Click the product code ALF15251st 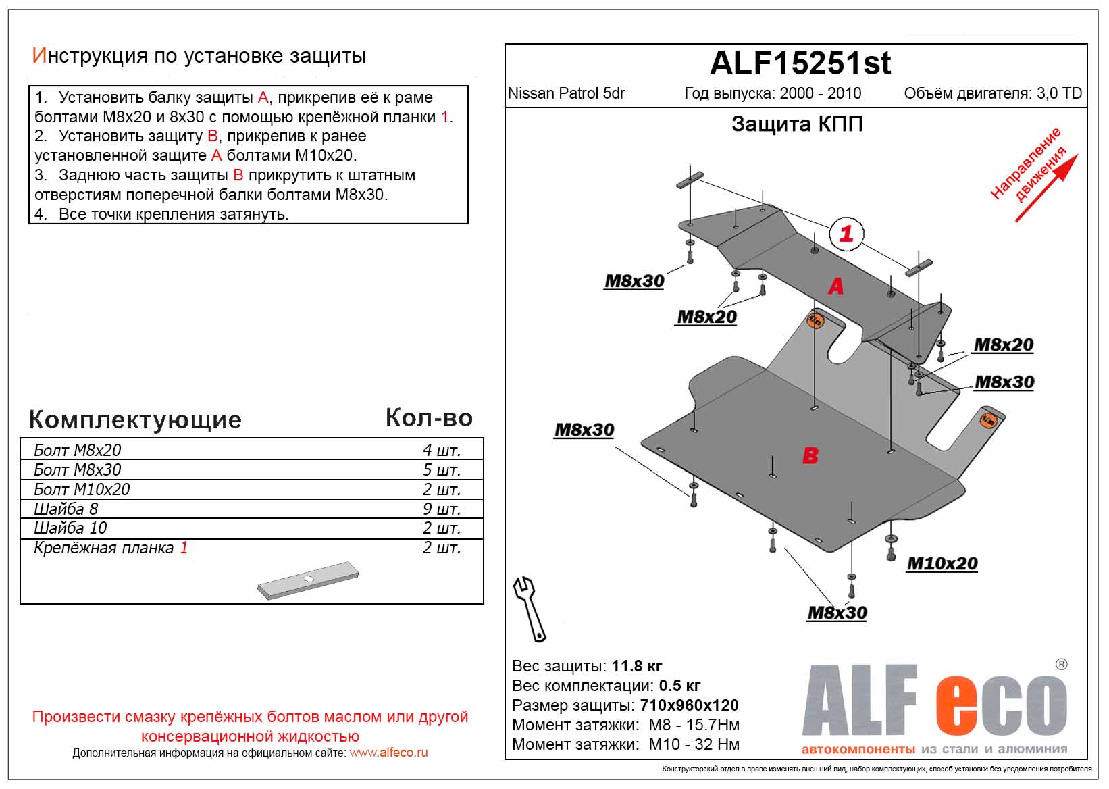tap(800, 63)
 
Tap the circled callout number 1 tap(846, 234)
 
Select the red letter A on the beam tap(835, 286)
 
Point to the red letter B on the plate tap(810, 456)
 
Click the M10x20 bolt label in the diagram tap(942, 563)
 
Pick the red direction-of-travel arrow tap(1046, 188)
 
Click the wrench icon tap(530, 608)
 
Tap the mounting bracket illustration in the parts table tap(308, 580)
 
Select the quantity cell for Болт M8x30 tap(441, 469)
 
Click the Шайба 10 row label tap(70, 528)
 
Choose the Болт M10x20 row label tap(82, 489)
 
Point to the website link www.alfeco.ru tap(388, 753)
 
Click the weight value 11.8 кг tap(636, 666)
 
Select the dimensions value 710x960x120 tap(690, 705)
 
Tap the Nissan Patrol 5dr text tap(566, 93)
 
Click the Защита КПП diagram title tap(797, 124)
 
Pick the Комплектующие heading tap(135, 419)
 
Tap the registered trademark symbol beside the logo tap(1061, 665)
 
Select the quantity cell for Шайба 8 tap(441, 509)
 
